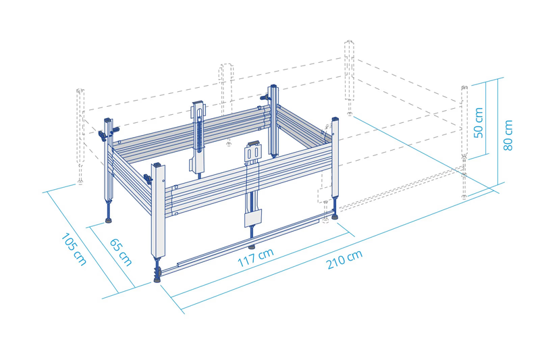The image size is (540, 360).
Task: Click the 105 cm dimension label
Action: pos(74,249)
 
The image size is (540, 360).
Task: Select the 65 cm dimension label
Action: pos(121,252)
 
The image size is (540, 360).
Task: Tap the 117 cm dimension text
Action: pos(256,257)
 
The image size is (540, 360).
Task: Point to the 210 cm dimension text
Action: pos(344,259)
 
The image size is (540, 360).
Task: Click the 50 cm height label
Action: pos(479,123)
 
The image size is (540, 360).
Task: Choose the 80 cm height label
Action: pos(508,135)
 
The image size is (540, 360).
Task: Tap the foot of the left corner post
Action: pos(109,220)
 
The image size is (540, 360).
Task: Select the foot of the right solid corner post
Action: pos(334,217)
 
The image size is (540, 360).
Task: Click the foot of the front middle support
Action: pos(252,247)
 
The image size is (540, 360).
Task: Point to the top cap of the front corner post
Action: pos(158,165)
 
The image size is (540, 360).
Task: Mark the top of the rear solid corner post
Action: pos(273,86)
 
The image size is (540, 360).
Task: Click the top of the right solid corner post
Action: pos(335,119)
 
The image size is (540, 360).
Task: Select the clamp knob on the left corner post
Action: pos(102,135)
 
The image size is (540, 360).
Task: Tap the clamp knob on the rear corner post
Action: pos(264,98)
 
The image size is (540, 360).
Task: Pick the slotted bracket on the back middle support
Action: pos(198,110)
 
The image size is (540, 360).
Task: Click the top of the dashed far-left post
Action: pos(80,91)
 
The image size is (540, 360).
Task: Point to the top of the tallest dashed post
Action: pos(349,43)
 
